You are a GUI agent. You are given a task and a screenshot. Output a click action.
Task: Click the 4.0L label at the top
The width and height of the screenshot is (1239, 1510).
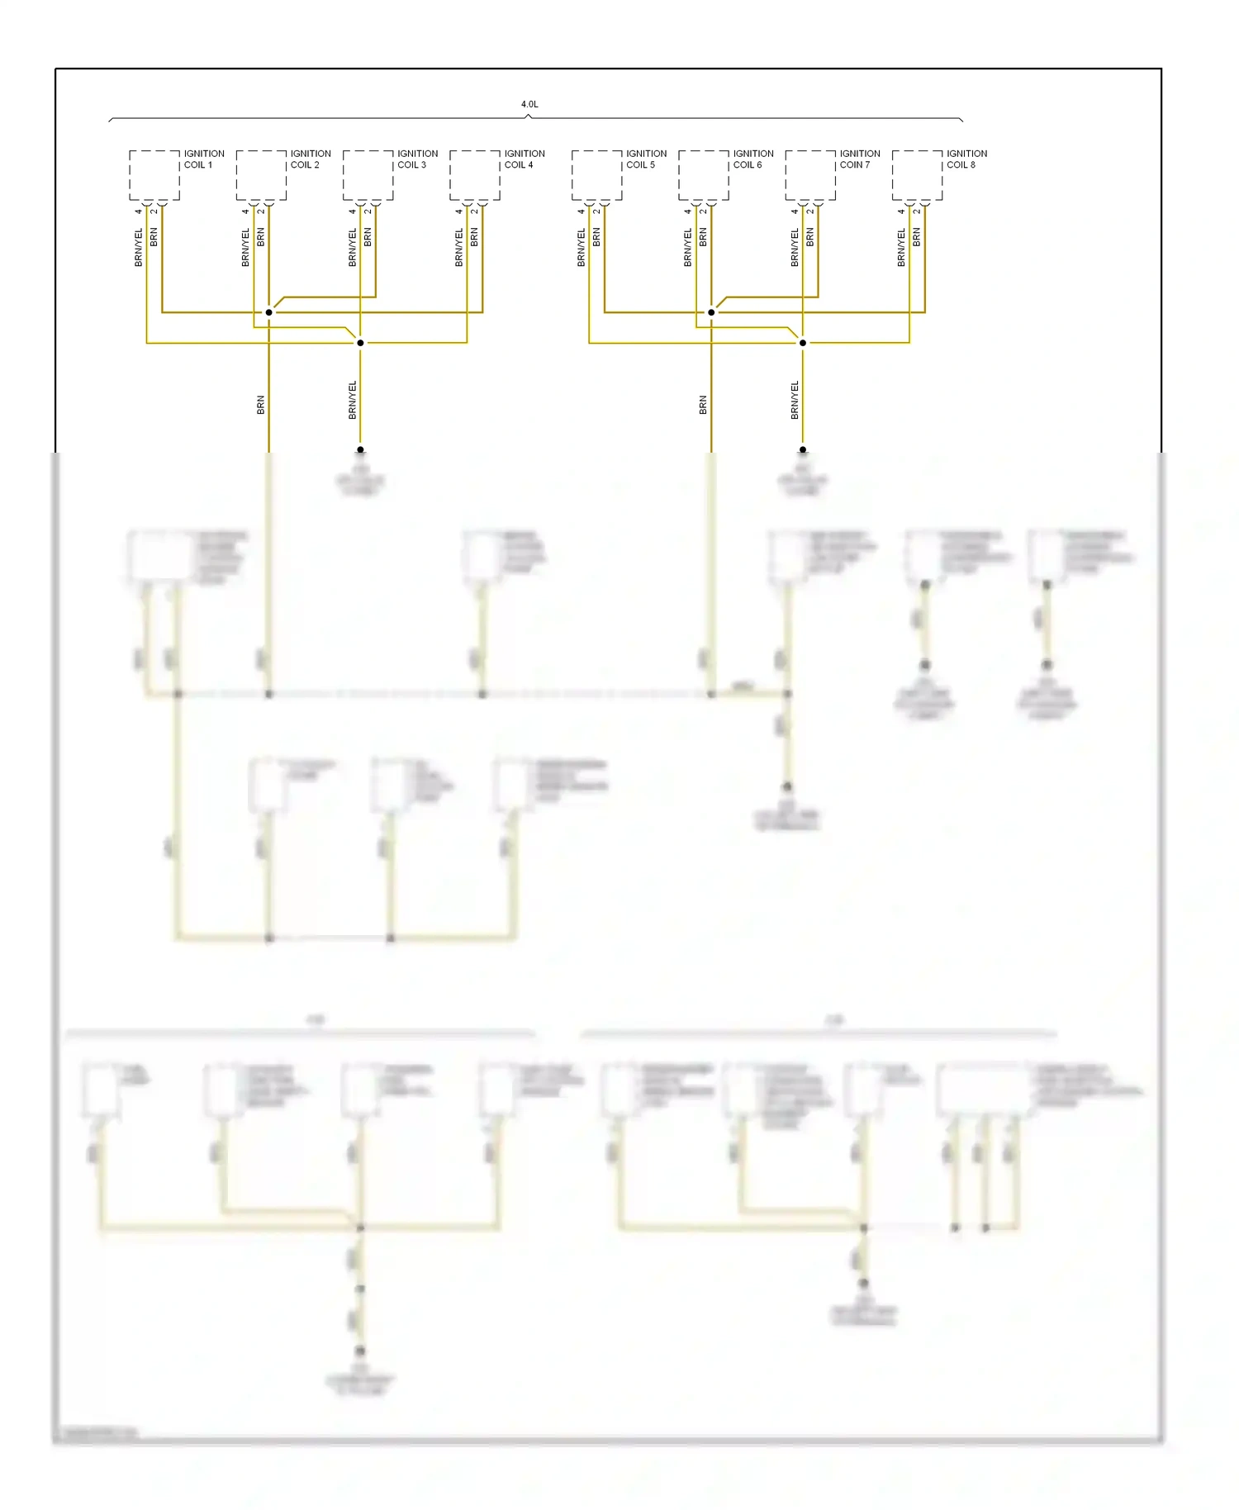[529, 104]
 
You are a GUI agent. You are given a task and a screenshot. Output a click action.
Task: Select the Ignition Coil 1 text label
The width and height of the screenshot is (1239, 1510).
[203, 159]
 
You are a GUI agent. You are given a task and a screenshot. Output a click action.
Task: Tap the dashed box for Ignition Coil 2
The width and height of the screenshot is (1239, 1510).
[261, 175]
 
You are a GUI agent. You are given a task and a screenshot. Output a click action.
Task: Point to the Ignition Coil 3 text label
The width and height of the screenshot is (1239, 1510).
[417, 159]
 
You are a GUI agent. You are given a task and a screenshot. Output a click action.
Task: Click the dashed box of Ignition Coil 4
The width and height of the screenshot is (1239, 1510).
[474, 175]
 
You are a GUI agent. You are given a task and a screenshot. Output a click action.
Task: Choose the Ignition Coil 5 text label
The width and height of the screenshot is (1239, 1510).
[646, 159]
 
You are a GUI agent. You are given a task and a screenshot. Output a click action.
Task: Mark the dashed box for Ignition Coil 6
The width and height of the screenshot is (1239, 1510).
[703, 175]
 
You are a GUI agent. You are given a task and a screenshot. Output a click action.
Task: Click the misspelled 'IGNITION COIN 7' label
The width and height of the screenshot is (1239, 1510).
[860, 159]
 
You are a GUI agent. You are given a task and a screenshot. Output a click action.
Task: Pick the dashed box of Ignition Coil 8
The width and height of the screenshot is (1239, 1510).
[917, 175]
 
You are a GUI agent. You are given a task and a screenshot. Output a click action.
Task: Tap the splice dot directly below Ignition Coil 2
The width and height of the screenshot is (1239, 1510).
[268, 312]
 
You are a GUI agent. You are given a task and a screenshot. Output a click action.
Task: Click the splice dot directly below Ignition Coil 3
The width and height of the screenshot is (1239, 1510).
[360, 343]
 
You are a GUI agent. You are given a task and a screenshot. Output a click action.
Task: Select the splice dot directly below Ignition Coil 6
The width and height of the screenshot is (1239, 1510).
[711, 312]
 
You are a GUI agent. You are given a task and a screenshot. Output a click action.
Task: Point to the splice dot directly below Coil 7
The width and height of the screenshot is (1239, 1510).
[803, 343]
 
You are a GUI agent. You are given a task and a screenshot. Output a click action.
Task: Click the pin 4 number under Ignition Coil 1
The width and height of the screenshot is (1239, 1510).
[139, 211]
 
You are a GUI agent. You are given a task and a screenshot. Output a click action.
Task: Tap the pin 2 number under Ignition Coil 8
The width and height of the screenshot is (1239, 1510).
[917, 211]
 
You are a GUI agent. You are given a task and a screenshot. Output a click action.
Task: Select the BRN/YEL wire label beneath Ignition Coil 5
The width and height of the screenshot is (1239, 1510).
[581, 247]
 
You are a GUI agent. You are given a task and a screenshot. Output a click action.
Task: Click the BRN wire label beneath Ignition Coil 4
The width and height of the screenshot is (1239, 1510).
[474, 238]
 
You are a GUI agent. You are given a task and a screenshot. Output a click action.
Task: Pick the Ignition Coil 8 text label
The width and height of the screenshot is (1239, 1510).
[966, 159]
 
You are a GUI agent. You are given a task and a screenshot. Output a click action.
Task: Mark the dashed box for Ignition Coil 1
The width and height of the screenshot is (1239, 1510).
[154, 175]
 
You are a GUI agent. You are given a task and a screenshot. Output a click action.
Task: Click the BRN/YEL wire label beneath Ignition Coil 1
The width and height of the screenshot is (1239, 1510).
[139, 247]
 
